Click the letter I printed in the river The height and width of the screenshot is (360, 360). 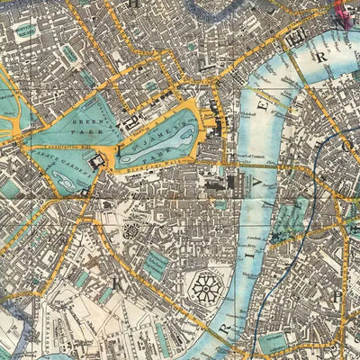(x=254, y=275)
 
